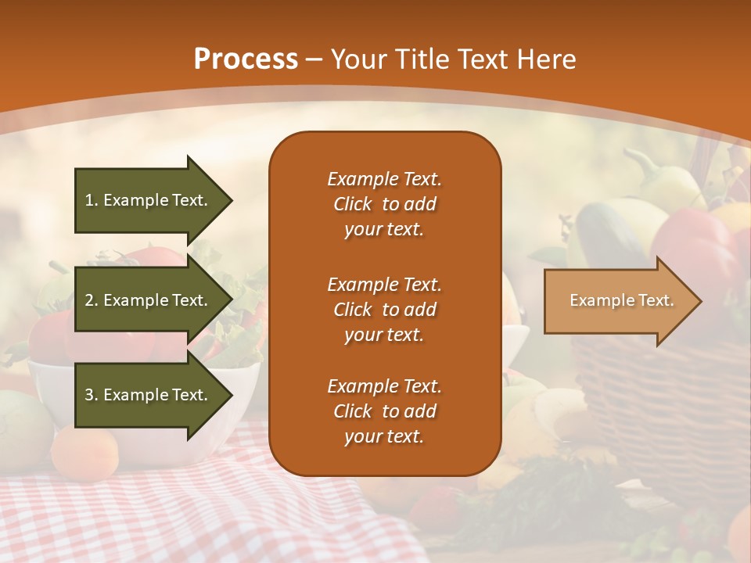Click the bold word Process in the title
pos(246,59)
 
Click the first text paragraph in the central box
pos(384,204)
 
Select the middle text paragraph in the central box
pos(384,310)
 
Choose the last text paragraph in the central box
pos(384,411)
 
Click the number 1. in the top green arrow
pos(92,200)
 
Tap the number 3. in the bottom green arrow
pos(92,395)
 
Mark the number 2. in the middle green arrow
pos(92,300)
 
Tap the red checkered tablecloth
pos(156,508)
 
